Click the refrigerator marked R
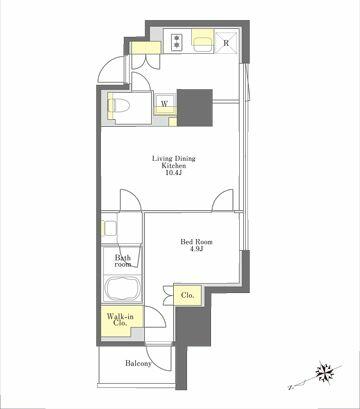click(x=227, y=43)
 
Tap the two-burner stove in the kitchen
click(x=177, y=41)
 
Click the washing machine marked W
click(x=165, y=104)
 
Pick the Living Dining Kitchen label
click(x=174, y=162)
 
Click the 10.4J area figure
click(x=174, y=173)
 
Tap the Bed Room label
click(x=196, y=242)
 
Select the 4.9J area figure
click(x=196, y=250)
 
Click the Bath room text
click(x=123, y=261)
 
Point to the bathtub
click(x=122, y=286)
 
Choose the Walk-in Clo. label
click(x=120, y=320)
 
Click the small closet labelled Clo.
click(x=188, y=295)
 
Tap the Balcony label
click(x=138, y=364)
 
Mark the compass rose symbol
click(x=324, y=372)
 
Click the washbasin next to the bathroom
click(x=110, y=228)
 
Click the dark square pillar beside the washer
click(x=195, y=108)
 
